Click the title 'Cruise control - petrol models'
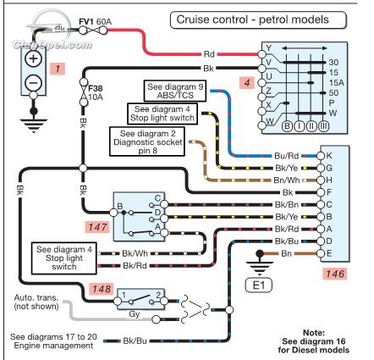pos(252,19)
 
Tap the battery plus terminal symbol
pos(33,58)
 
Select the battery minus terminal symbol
pos(33,83)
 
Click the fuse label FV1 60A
pos(95,21)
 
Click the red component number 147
pos(97,227)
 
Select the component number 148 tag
pos(102,289)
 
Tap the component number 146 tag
pos(335,274)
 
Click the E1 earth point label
pos(259,285)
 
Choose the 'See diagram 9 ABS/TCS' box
pos(175,91)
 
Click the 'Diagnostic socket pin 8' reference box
pos(147,141)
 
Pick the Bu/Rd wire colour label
pos(286,156)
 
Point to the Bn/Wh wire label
pos(287,180)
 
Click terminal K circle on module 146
pos(321,156)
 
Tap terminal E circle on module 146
pos(321,253)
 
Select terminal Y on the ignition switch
pos(261,54)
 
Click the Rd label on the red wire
pos(209,54)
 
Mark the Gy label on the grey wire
pos(135,314)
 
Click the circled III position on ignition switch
pos(323,126)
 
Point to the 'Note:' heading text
pos(314,333)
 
